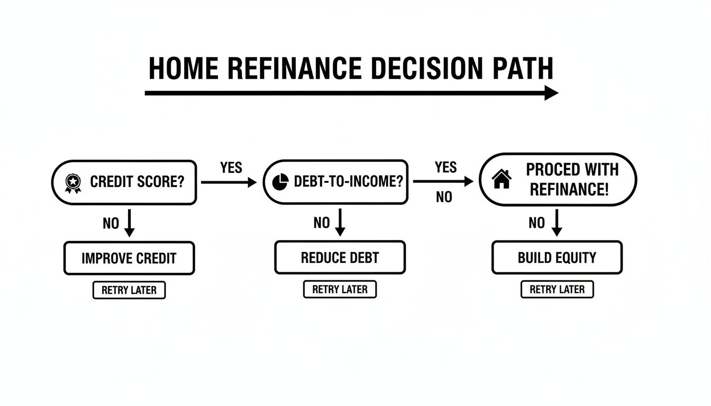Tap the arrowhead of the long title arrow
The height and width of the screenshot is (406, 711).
[551, 93]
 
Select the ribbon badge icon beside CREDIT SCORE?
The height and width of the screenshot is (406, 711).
[72, 183]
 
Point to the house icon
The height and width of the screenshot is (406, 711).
[502, 180]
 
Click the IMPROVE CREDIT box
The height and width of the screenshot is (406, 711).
[129, 259]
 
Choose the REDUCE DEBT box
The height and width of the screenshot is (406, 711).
[340, 258]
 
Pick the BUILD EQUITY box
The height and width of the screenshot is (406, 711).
[557, 258]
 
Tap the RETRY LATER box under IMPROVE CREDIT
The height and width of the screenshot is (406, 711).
[129, 290]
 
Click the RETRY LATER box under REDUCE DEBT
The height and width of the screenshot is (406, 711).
[340, 290]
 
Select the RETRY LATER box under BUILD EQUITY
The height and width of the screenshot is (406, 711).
[557, 289]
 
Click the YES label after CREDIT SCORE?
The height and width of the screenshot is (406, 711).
[231, 168]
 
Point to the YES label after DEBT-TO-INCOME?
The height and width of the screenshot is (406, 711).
[445, 168]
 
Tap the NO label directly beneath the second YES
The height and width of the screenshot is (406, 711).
[444, 198]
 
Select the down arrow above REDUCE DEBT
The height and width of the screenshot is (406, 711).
[340, 223]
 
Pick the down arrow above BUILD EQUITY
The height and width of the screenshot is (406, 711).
[557, 223]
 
